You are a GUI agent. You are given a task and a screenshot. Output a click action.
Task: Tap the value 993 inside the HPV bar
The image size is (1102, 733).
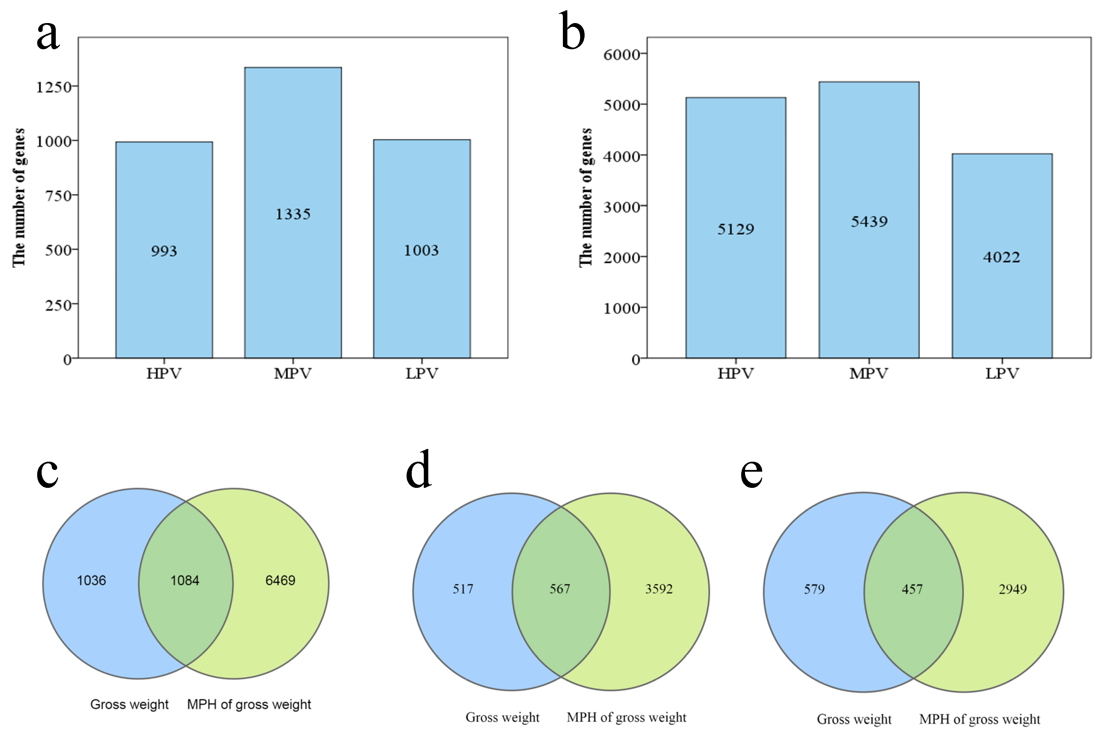[164, 251]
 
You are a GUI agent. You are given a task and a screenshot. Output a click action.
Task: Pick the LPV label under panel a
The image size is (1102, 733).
[421, 374]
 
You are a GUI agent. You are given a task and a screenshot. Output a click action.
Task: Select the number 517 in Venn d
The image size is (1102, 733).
[463, 589]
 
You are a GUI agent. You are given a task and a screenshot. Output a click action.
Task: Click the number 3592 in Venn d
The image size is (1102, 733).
[659, 589]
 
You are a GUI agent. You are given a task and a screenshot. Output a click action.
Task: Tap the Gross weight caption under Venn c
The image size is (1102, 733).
[129, 704]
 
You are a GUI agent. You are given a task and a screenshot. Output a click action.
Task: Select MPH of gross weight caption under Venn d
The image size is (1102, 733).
[626, 718]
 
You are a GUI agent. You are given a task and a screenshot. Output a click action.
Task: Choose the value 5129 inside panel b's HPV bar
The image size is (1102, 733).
[736, 229]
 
